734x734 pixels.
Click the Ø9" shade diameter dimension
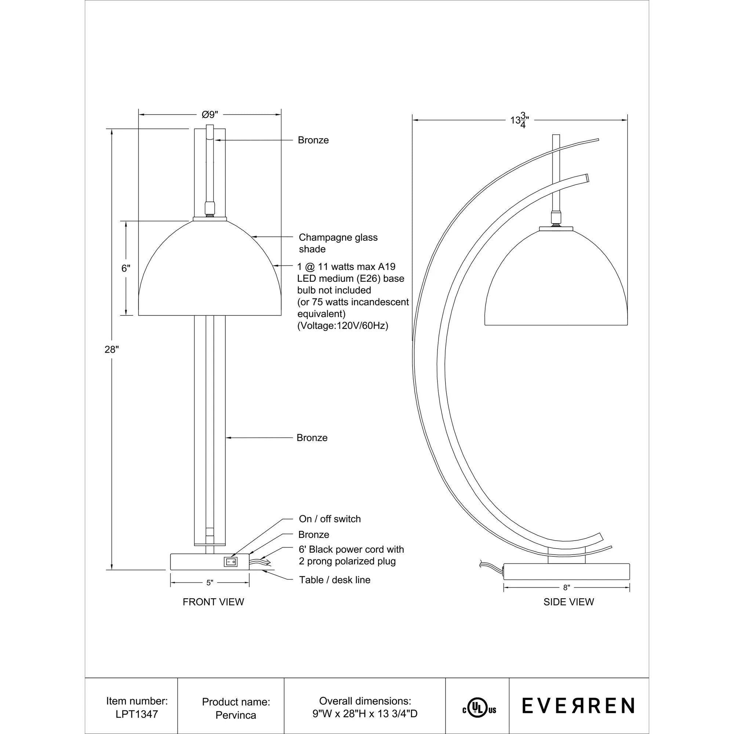pos(210,115)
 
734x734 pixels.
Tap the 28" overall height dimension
pos(112,349)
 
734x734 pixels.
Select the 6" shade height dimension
pos(126,268)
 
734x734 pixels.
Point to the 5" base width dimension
pos(210,583)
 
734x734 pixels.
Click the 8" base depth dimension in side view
pos(566,588)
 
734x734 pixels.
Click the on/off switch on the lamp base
pos(230,562)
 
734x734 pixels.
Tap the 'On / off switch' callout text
pos(330,519)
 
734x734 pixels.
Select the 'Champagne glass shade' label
pos(338,243)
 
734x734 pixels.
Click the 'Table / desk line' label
pos(334,580)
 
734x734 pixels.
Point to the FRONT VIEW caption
pos(213,602)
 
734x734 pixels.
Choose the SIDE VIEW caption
pos(568,602)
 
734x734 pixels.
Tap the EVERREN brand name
pos(578,706)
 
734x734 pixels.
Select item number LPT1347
pos(137,714)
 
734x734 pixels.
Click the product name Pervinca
pos(236,715)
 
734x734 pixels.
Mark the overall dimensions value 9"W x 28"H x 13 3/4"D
pos(365,714)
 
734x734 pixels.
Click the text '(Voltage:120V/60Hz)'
pos(342,326)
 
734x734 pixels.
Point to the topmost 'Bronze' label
pos(313,140)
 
